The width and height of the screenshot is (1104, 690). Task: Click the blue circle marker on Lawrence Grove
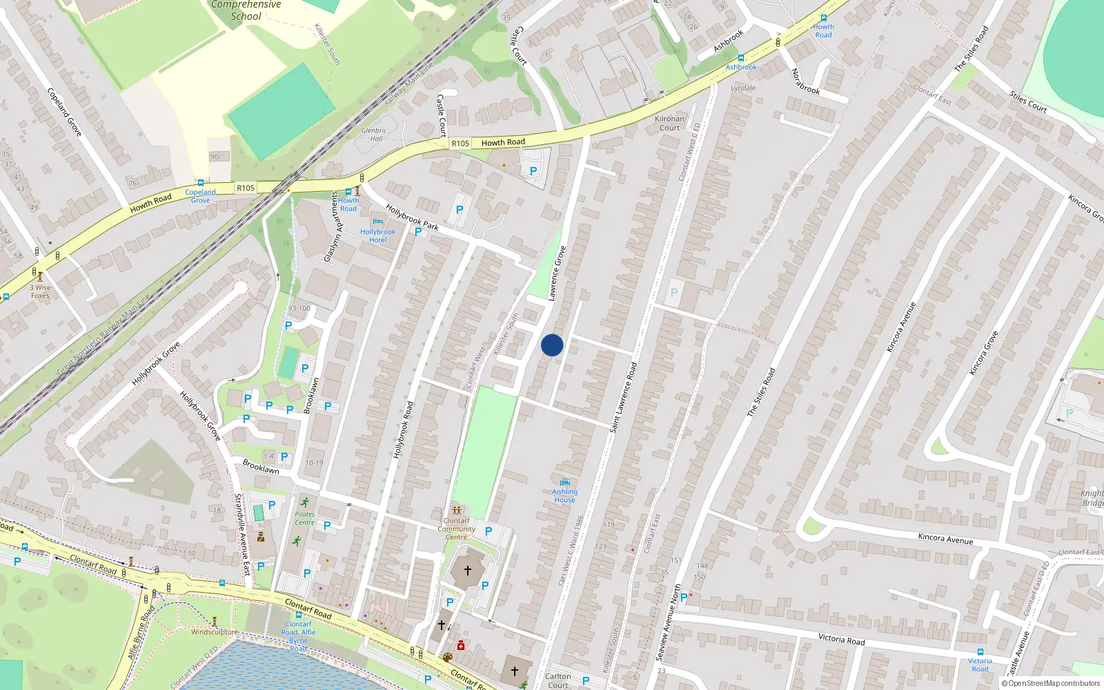552,345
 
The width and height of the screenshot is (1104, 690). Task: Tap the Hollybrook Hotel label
377,236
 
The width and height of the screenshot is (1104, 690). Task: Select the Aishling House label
564,495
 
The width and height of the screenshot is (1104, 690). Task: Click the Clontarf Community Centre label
456,529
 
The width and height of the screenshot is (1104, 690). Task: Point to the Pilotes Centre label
304,518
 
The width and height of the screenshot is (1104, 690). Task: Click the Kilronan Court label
669,123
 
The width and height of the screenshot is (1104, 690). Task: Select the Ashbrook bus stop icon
741,59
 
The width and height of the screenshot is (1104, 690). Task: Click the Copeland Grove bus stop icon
200,184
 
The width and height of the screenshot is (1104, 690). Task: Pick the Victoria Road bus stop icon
980,652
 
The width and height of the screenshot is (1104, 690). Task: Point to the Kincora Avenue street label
945,538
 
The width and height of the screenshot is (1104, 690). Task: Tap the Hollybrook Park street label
412,217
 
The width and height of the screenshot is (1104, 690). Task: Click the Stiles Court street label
1028,101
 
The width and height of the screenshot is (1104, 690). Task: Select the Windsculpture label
214,632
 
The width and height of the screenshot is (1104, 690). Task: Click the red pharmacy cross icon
461,646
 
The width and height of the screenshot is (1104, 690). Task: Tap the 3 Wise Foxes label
40,291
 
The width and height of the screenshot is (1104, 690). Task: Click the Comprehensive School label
246,10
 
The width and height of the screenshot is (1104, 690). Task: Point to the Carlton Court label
558,680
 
